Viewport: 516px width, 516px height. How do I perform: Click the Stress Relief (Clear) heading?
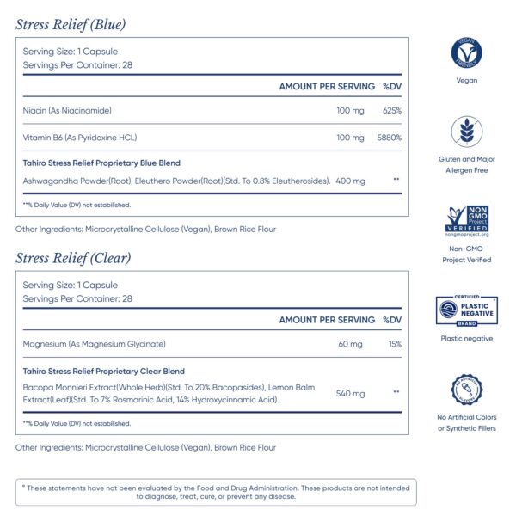tap(72, 257)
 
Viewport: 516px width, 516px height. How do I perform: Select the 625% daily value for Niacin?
tap(392, 111)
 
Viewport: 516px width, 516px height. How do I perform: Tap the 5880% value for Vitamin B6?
tap(390, 138)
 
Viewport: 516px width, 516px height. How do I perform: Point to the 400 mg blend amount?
tap(351, 181)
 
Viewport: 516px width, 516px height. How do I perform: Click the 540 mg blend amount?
tap(351, 394)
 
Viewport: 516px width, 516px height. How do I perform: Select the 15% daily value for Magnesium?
tap(394, 345)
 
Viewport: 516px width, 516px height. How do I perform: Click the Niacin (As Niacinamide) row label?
tap(67, 111)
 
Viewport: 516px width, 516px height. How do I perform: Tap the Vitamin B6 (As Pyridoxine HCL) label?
tap(80, 138)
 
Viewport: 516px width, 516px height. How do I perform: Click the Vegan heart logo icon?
tap(466, 52)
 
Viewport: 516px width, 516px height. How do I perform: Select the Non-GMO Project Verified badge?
tap(466, 220)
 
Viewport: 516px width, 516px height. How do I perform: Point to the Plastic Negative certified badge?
tap(466, 310)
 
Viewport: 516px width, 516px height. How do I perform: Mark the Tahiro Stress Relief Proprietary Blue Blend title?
tap(101, 163)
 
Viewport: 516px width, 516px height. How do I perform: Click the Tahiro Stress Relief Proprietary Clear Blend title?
tap(103, 371)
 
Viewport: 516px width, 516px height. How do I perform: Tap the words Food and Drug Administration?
tap(227, 488)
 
